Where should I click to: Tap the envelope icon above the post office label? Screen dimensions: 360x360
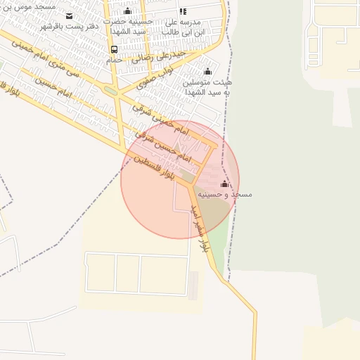point(69,15)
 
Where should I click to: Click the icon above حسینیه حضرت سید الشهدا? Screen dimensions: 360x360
point(127,11)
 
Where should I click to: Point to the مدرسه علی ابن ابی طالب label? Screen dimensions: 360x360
point(184,27)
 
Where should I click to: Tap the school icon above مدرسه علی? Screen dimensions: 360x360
point(183,11)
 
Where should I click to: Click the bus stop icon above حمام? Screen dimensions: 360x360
point(114,49)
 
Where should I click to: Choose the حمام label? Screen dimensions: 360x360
point(115,60)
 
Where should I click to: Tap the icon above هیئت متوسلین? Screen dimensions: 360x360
point(207,71)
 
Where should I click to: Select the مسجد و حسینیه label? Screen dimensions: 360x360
point(224,193)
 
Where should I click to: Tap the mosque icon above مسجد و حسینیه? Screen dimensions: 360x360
point(224,184)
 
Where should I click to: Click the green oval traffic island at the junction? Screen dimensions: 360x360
point(110,91)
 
